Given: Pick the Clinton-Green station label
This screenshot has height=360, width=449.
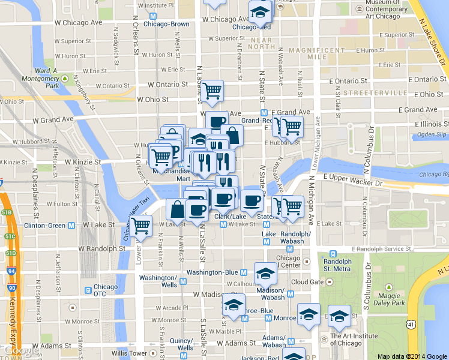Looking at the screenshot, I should (44, 226).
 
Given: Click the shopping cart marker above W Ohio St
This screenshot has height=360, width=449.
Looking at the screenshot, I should (211, 91).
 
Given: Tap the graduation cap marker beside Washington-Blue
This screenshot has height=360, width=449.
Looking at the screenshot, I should (265, 274).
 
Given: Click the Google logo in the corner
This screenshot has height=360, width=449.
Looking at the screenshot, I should (17, 351).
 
